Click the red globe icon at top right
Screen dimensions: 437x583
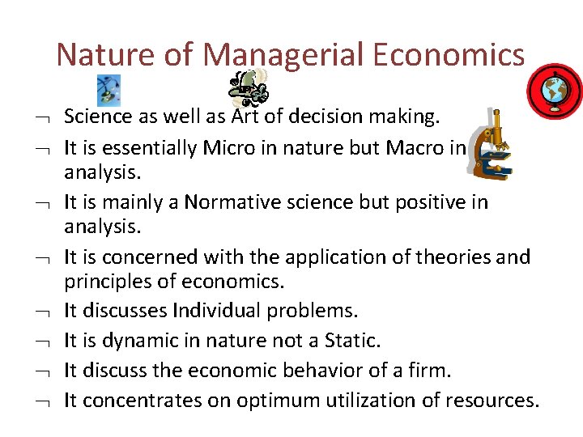pyautogui.click(x=555, y=91)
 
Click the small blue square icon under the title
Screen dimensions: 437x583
pyautogui.click(x=108, y=87)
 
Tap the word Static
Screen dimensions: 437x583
pyautogui.click(x=351, y=340)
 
